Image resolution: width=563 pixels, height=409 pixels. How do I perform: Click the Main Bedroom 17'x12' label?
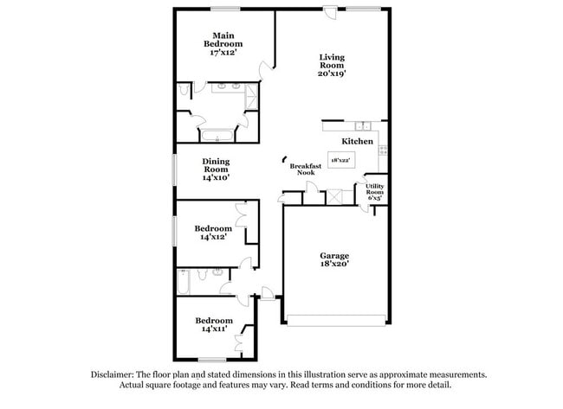pos(223,44)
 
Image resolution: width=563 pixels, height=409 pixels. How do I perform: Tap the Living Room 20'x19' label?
pos(332,65)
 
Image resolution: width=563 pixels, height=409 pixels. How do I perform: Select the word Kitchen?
pos(357,141)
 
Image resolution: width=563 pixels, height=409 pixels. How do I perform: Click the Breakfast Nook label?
pos(306,169)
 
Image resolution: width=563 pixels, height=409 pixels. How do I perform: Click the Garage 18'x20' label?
pos(334,261)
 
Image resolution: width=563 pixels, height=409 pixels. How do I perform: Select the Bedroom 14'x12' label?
pos(212,233)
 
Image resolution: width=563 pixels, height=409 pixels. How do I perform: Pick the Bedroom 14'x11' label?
pos(212,324)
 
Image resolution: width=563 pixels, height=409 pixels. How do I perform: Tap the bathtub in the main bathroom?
pos(217,134)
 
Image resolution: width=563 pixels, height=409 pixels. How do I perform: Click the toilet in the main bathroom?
pos(184,90)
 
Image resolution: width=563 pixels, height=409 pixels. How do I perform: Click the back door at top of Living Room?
pos(330,11)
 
